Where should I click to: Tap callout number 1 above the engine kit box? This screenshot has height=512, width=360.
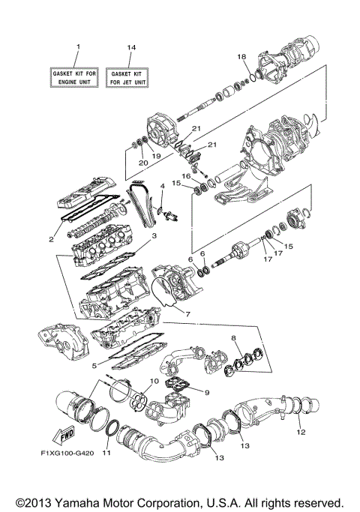76,48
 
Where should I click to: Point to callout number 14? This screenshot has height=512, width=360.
131,48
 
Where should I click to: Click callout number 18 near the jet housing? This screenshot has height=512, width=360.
241,57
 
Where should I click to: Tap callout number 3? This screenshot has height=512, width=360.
153,235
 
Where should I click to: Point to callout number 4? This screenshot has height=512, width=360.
162,185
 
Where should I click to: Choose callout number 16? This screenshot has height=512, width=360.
186,175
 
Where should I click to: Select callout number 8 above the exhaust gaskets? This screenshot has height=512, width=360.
235,339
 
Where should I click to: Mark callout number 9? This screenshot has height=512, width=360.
208,391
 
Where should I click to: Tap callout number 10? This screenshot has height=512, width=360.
154,382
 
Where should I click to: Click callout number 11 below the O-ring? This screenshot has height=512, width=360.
106,453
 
